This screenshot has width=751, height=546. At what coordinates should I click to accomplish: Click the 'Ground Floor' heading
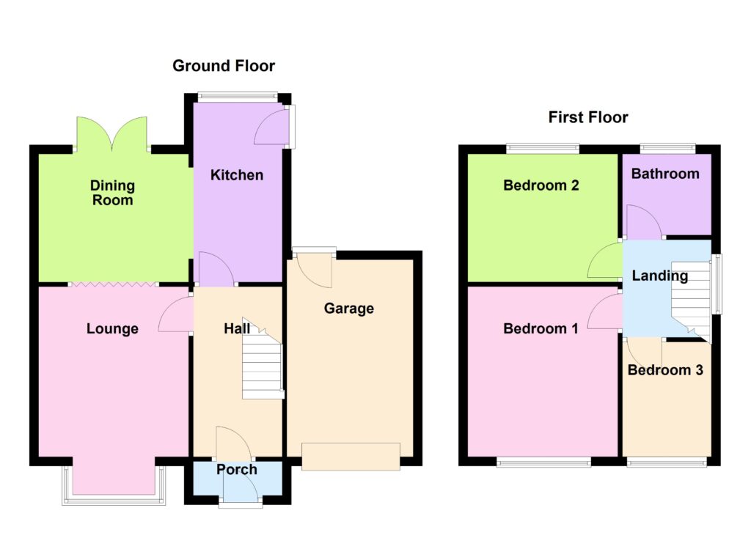click(x=224, y=66)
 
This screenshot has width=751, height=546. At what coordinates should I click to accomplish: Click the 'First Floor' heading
click(x=588, y=117)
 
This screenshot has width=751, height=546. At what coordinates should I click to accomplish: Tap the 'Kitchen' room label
click(x=236, y=175)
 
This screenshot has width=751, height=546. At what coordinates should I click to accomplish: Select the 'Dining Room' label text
click(x=112, y=192)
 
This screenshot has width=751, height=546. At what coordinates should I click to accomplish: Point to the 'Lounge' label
click(x=112, y=329)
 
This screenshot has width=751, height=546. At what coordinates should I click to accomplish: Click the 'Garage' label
click(x=349, y=309)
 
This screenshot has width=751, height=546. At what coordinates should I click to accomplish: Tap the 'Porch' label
click(x=237, y=470)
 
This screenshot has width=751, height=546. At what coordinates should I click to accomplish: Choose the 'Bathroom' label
click(x=665, y=174)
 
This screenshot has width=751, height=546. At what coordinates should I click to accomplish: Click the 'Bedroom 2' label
click(x=541, y=185)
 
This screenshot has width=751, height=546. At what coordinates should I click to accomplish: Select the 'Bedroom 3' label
click(x=665, y=370)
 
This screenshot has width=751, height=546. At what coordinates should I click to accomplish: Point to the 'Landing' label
click(x=660, y=276)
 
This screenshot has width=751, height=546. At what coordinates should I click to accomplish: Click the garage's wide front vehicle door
click(x=351, y=456)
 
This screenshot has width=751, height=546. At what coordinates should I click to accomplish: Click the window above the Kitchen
click(x=237, y=95)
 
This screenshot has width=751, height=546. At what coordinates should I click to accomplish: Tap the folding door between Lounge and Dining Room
click(x=112, y=284)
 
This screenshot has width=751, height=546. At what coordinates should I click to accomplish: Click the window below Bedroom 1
click(x=543, y=462)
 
